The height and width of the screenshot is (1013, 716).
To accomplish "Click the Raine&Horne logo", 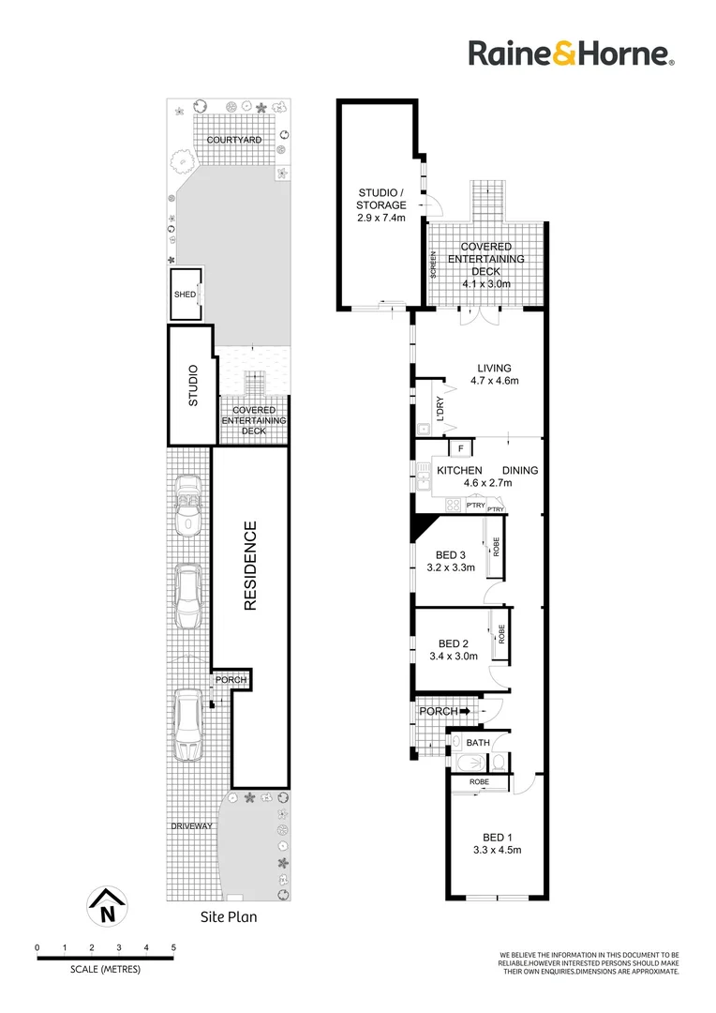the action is [x=572, y=53].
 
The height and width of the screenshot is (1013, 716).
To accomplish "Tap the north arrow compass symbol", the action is [x=107, y=906].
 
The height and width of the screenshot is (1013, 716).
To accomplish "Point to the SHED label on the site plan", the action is [x=186, y=295].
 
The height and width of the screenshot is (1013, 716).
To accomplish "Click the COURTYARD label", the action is [x=234, y=140].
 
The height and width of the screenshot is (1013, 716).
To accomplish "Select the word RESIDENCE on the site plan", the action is [x=250, y=566].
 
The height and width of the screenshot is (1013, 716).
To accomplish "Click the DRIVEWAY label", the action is [x=192, y=826].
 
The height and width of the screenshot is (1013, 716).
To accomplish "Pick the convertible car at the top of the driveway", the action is [x=187, y=504].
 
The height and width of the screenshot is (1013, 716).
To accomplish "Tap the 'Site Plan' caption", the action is [x=229, y=916].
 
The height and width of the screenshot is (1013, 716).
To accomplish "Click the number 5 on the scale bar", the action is [x=173, y=947].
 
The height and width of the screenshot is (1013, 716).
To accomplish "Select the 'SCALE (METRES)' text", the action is [x=105, y=969].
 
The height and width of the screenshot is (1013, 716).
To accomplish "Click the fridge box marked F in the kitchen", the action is [x=460, y=448].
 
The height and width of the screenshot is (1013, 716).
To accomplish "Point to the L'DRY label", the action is [x=440, y=408].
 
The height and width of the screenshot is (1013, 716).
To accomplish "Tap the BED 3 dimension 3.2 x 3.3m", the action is [x=451, y=567].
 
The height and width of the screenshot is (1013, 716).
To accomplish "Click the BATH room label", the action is [x=478, y=743].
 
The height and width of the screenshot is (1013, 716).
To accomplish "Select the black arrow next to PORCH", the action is [x=465, y=711].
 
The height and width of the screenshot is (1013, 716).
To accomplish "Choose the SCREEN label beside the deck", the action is [x=433, y=265].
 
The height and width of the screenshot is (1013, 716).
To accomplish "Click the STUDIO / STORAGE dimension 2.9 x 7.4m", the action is [x=381, y=218].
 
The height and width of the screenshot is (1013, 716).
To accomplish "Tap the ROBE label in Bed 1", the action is [x=479, y=782].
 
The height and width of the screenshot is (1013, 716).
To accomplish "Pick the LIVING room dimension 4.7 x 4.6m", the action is [x=495, y=381].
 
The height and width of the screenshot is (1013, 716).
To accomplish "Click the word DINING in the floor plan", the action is [x=520, y=470].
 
